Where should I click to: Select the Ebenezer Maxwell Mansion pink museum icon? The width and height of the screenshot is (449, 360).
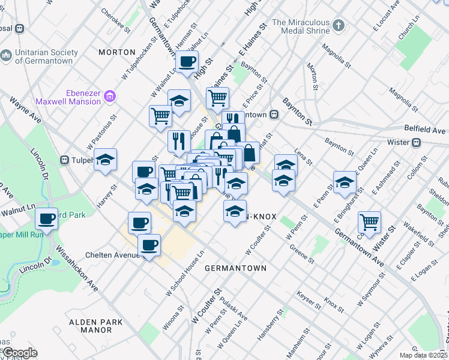click(109, 96)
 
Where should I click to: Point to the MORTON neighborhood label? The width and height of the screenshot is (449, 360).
click(116, 52)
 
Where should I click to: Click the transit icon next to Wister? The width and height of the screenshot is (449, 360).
click(415, 142)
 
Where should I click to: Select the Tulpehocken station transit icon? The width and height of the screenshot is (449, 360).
click(65, 160)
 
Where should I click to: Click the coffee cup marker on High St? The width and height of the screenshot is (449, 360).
click(187, 61)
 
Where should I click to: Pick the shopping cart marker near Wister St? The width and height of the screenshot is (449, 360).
click(370, 222)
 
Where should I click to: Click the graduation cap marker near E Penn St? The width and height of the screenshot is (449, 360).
click(345, 182)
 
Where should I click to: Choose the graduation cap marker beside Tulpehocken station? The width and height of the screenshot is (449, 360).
click(105, 160)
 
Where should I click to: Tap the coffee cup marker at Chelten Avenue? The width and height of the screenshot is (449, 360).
click(149, 245)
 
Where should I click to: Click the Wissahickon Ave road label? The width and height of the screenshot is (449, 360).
click(77, 265)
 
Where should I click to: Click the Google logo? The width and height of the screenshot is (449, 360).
click(20, 353)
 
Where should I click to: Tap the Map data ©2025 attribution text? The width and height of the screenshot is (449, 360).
click(423, 355)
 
